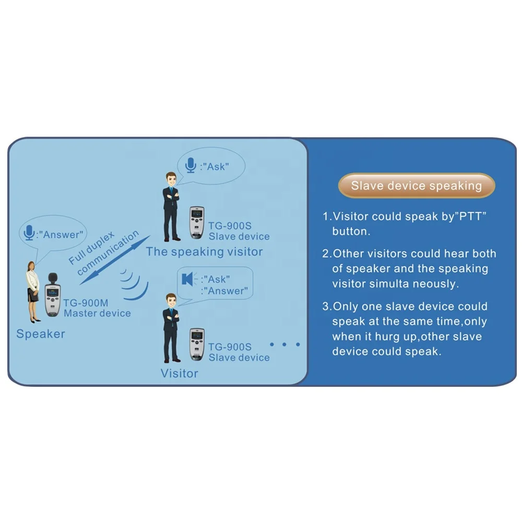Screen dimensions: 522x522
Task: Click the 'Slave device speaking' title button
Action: click(416, 186)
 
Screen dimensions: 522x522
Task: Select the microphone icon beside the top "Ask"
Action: click(191, 166)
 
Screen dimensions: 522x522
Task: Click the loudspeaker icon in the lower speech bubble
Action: click(187, 279)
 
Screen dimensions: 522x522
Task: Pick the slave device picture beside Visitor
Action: click(196, 344)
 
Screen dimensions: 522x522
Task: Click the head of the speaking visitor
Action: click(171, 179)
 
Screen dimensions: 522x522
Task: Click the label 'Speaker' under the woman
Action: click(41, 334)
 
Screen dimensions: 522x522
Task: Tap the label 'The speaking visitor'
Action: click(204, 252)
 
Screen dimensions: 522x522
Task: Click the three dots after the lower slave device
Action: click(285, 345)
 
